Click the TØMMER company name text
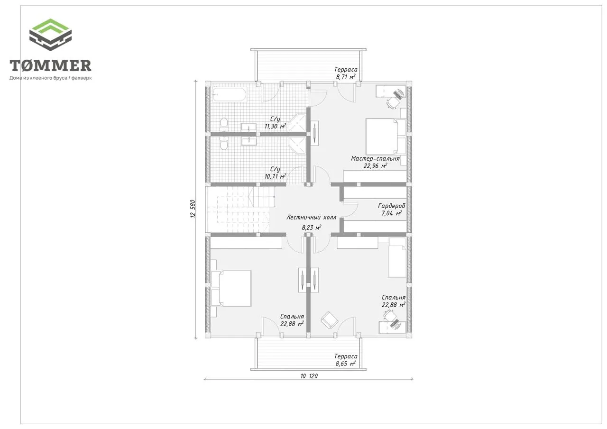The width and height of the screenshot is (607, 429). click(x=50, y=65)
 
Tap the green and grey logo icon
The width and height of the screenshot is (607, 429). click(x=50, y=35)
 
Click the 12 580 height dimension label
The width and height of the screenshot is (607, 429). click(x=193, y=209)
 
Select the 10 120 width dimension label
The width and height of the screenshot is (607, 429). click(x=309, y=376)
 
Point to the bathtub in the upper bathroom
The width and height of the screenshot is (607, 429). click(x=229, y=94)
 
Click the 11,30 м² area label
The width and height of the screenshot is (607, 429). click(x=275, y=126)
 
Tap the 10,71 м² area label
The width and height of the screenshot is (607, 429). click(x=275, y=176)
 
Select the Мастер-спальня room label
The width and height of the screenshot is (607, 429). click(x=375, y=158)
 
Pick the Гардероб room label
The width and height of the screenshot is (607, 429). click(x=392, y=206)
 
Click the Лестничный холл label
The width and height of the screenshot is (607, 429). click(x=312, y=217)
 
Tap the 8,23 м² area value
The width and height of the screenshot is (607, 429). click(x=312, y=228)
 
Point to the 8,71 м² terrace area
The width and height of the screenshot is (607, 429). click(x=346, y=77)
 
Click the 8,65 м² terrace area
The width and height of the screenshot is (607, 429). click(x=346, y=364)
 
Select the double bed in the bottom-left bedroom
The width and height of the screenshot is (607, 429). click(x=231, y=288)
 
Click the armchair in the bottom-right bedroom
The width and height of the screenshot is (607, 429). click(x=329, y=320)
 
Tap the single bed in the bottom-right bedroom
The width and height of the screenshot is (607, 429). click(x=397, y=257)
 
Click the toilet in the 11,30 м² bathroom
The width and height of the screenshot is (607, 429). click(x=224, y=124)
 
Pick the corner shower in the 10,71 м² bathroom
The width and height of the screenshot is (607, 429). click(x=297, y=146)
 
